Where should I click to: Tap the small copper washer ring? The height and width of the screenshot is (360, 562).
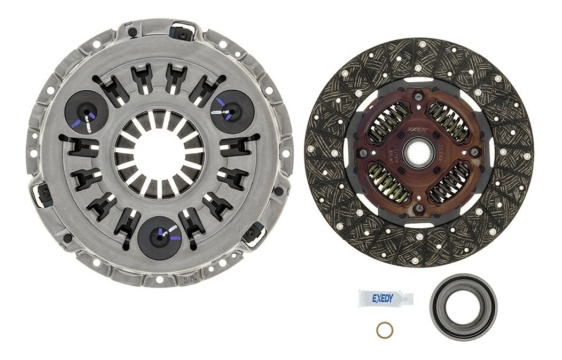(384, 330)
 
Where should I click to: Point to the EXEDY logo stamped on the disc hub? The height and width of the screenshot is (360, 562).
(417, 129)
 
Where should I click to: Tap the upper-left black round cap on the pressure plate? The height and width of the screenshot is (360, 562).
(86, 112)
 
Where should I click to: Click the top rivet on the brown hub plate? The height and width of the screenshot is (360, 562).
(419, 97)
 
